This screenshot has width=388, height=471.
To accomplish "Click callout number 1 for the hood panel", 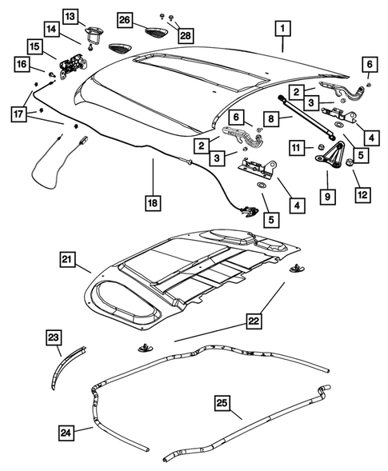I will pyautogui.click(x=282, y=30).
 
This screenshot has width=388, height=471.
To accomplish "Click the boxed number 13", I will pyautogui.click(x=70, y=16).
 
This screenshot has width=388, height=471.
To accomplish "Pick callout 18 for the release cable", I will pyautogui.click(x=152, y=203).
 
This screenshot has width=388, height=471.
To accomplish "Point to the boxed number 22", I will pyautogui.click(x=254, y=321).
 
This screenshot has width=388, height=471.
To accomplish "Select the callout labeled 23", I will pyautogui.click(x=54, y=338).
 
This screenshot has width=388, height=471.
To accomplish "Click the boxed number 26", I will pyautogui.click(x=125, y=19).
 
